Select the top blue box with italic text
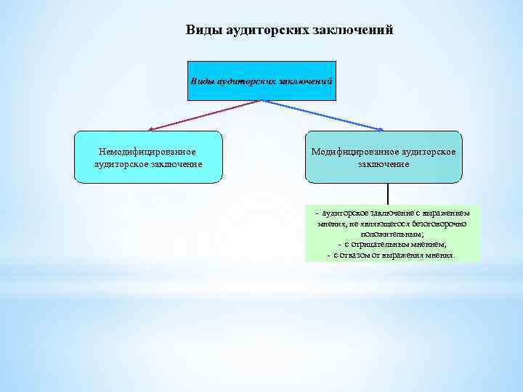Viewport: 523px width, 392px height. [261, 81]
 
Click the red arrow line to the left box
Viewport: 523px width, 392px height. [203, 115]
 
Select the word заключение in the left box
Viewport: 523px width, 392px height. [175, 164]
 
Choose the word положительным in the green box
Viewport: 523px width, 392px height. [392, 234]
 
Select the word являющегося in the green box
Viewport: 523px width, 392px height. [385, 224]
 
